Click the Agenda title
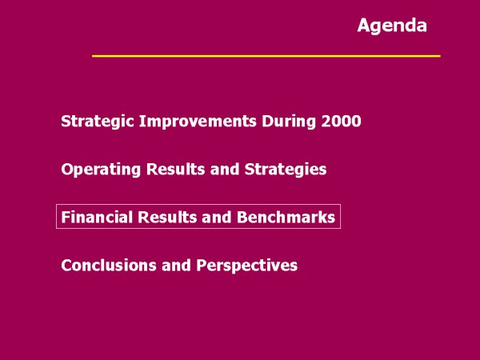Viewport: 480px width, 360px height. (392, 26)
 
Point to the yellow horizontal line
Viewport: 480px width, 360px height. (266, 56)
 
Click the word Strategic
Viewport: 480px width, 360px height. (98, 122)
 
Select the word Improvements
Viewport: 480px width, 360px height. (198, 122)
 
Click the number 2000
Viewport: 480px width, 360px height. (341, 122)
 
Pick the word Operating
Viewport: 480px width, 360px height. (101, 170)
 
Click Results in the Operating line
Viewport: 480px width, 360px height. (175, 169)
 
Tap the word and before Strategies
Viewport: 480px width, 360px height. (225, 169)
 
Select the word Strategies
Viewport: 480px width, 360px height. (286, 170)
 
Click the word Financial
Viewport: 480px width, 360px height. (97, 217)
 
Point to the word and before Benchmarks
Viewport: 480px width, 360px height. (216, 217)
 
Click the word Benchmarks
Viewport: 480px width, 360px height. (286, 217)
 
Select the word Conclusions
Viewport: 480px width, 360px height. (109, 265)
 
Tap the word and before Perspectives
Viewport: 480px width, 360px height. (176, 265)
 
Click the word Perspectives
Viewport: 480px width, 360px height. (247, 266)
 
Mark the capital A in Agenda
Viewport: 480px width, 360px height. (363, 25)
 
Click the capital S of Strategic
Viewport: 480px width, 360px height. (66, 122)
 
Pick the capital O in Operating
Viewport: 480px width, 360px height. (66, 170)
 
